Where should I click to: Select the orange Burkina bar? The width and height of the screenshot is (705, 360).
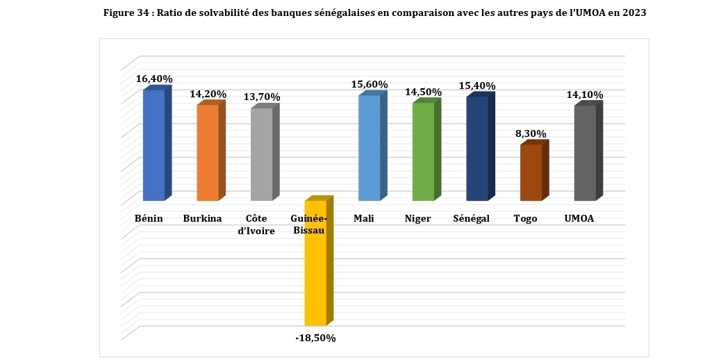pos(208,152)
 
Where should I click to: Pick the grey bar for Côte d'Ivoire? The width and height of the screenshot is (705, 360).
pos(261,154)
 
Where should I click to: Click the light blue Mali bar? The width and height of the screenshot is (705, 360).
pos(369,147)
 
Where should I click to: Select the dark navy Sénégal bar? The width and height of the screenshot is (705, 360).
pos(477,149)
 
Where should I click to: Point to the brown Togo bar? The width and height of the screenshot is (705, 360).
pos(531,173)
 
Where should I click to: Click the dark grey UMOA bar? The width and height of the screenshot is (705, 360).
pos(585,153)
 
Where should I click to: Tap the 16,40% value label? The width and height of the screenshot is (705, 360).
pos(154,79)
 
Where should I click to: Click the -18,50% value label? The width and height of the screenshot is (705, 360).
pos(316,338)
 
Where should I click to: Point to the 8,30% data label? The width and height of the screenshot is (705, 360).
pos(532,133)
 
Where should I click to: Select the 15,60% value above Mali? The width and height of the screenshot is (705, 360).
pos(370,85)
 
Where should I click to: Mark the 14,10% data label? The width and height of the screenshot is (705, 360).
pos(585,95)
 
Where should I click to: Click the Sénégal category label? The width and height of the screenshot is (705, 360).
pos(471,219)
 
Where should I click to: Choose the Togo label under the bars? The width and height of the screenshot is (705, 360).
pos(525,219)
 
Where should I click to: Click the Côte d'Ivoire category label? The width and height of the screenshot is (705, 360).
pos(256,224)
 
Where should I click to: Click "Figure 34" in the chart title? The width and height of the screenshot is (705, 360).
pos(127,13)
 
